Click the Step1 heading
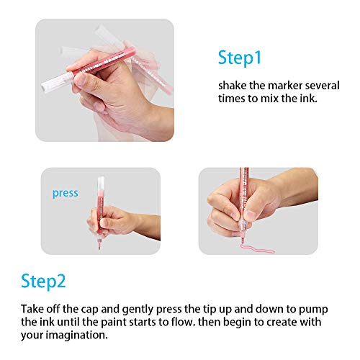click(x=241, y=58)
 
